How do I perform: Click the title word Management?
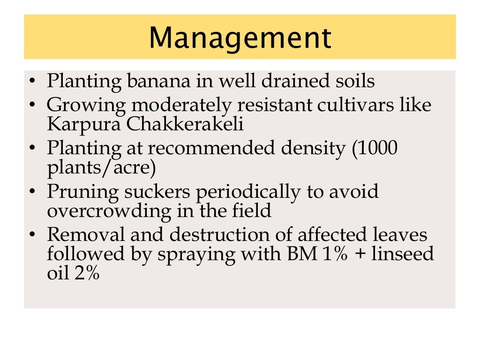(x=240, y=37)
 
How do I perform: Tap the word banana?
(x=151, y=81)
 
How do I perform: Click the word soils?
(x=352, y=81)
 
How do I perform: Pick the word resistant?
(x=263, y=104)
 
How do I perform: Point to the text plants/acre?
(x=101, y=167)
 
